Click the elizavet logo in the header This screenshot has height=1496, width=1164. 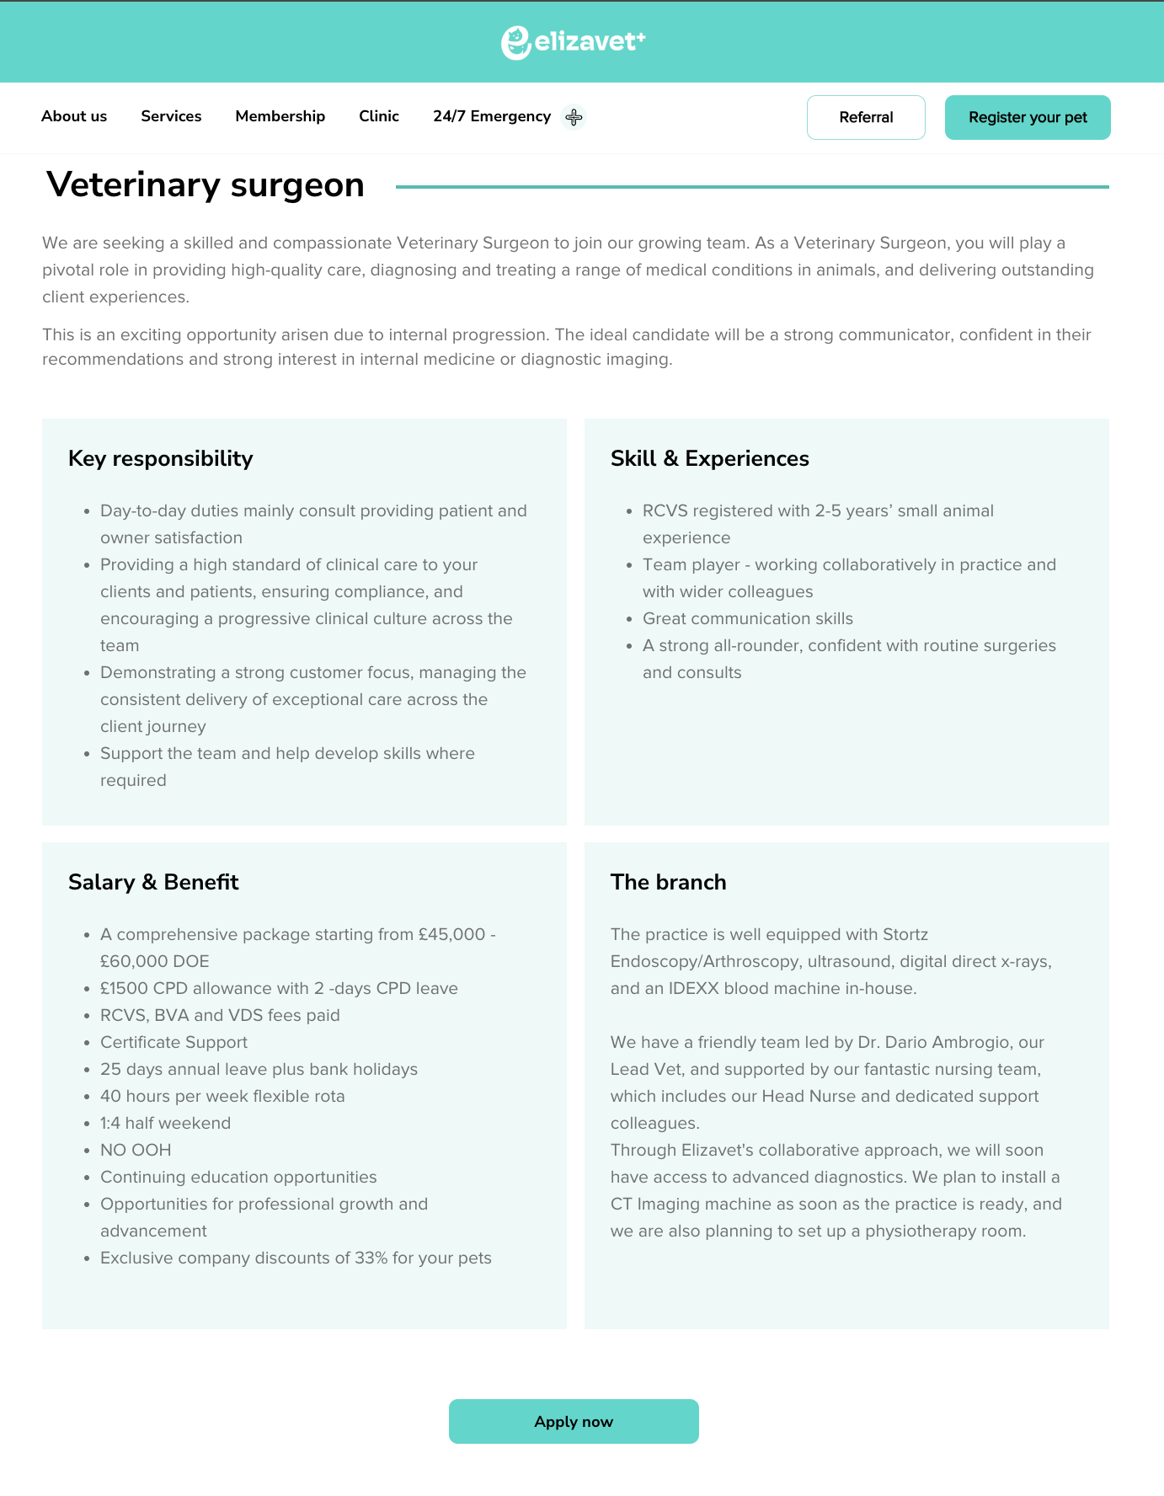(574, 42)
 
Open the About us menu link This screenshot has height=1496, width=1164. (74, 116)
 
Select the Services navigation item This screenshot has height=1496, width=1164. (171, 116)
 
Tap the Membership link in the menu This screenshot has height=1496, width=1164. (280, 116)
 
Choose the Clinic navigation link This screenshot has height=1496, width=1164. (379, 116)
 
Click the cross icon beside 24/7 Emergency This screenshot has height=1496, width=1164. (574, 117)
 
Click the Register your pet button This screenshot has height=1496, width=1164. (1028, 117)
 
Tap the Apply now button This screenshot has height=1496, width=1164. (574, 1421)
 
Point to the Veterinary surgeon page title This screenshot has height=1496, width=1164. (206, 184)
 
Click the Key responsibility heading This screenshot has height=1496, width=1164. (160, 458)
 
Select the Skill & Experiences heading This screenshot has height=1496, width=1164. (709, 458)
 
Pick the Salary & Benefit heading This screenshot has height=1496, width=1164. (153, 882)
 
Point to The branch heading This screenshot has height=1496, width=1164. (668, 882)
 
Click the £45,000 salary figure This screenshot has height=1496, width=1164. (451, 934)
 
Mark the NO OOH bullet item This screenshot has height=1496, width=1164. (136, 1150)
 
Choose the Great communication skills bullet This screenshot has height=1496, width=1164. (747, 618)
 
